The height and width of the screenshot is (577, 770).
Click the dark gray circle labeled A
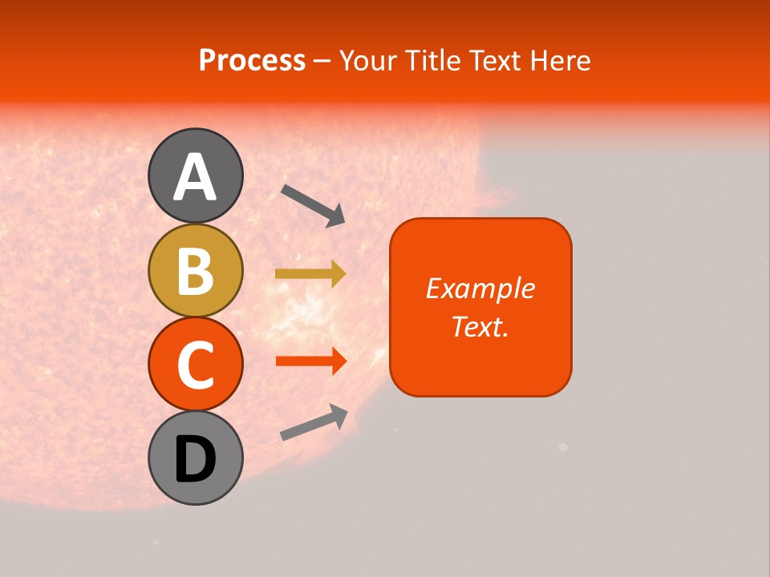[x=195, y=176]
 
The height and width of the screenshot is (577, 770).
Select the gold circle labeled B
[x=195, y=271]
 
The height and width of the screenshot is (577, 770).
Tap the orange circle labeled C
[x=195, y=364]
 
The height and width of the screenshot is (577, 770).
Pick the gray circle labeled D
[x=195, y=458]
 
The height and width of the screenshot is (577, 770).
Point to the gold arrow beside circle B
[x=310, y=274]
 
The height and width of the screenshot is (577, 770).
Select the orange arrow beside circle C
[x=310, y=361]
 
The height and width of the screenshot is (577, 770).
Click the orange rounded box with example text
[x=480, y=307]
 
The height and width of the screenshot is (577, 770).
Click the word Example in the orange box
[x=480, y=288]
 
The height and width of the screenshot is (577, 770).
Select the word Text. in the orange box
[x=480, y=327]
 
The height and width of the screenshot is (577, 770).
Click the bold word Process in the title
[x=252, y=61]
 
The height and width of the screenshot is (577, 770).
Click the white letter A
[x=195, y=177]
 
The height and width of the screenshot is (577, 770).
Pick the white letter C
[x=195, y=365]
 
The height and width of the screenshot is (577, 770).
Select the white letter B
[x=195, y=272]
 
